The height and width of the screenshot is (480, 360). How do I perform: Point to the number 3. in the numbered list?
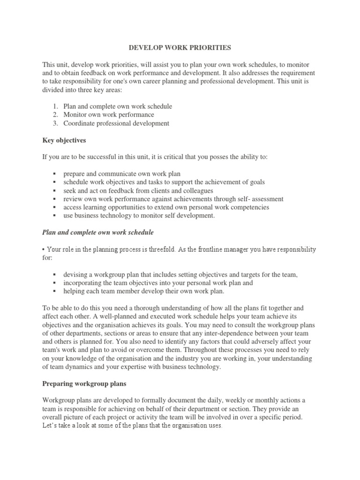point(55,123)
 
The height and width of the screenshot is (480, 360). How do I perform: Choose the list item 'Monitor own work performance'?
point(109,115)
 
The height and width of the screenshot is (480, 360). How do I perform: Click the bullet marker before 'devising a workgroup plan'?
point(55,275)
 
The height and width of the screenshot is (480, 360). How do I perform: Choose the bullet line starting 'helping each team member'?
point(144,292)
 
